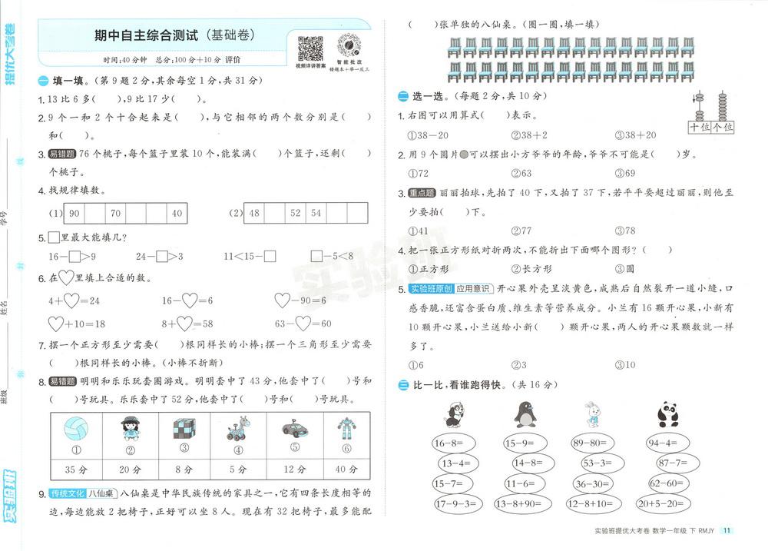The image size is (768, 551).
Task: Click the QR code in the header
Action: [310, 48]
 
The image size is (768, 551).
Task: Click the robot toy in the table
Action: [342, 429]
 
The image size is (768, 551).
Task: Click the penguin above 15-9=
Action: [525, 414]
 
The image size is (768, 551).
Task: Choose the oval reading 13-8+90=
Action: [525, 503]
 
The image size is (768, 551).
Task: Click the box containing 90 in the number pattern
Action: [75, 213]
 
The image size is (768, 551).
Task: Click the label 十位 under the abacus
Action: [700, 127]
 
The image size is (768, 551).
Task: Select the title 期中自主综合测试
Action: [147, 36]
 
